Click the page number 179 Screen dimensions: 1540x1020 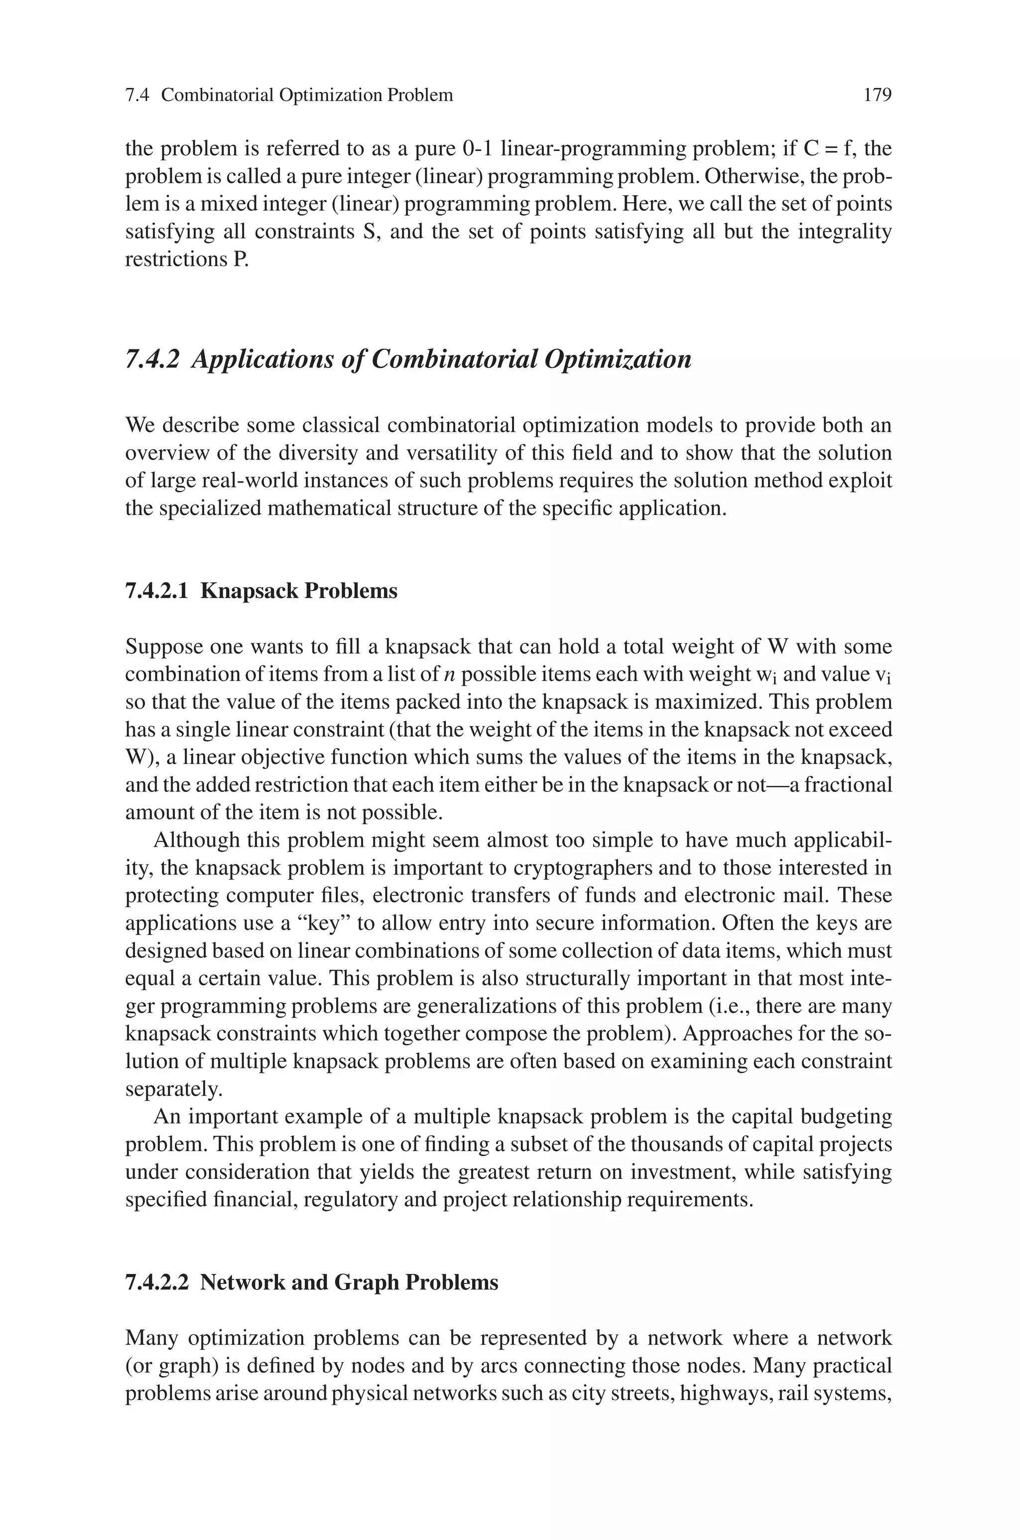pos(877,96)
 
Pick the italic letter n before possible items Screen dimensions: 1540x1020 pos(448,675)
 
